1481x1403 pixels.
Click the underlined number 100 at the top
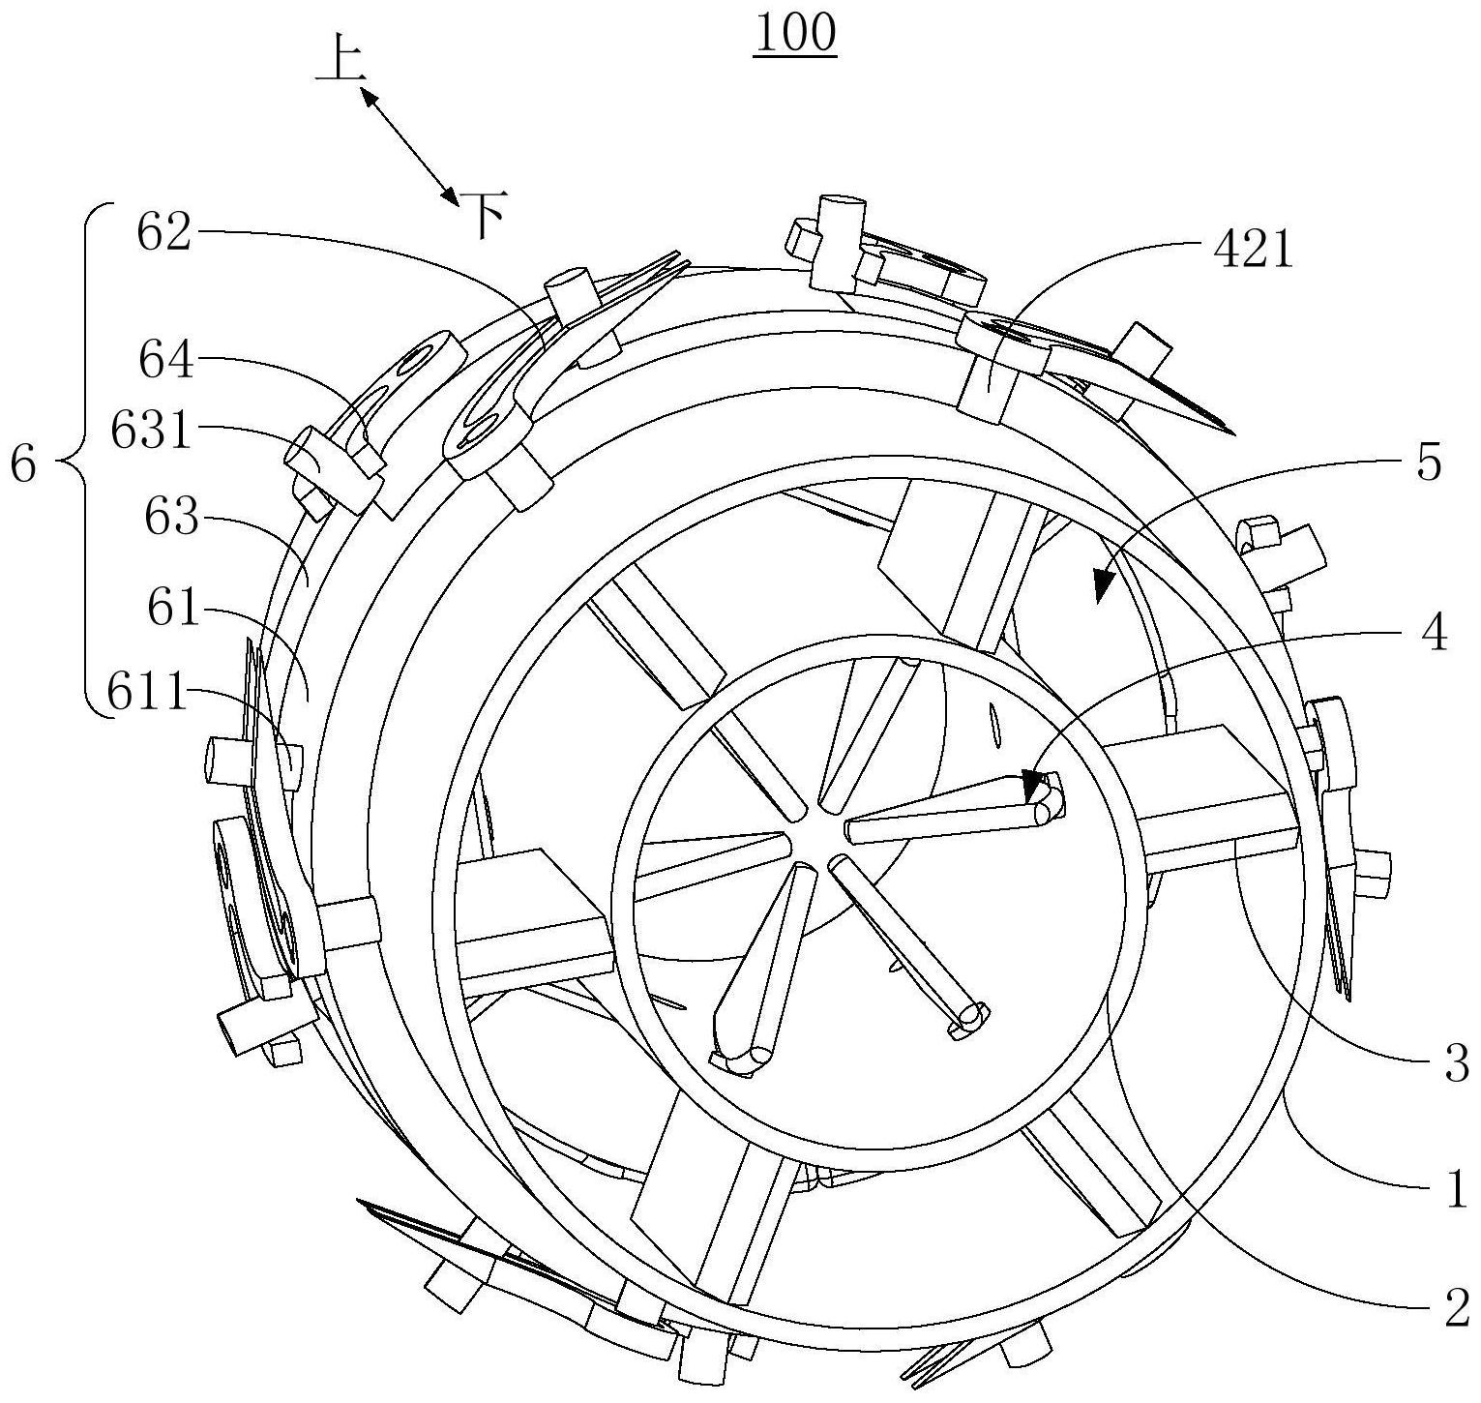tap(795, 34)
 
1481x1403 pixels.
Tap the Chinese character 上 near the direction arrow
tap(340, 64)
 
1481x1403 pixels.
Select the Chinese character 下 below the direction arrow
tap(483, 215)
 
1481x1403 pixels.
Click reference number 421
tap(1251, 251)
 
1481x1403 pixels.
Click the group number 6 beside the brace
tap(23, 465)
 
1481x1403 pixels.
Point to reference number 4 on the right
tap(1435, 634)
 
